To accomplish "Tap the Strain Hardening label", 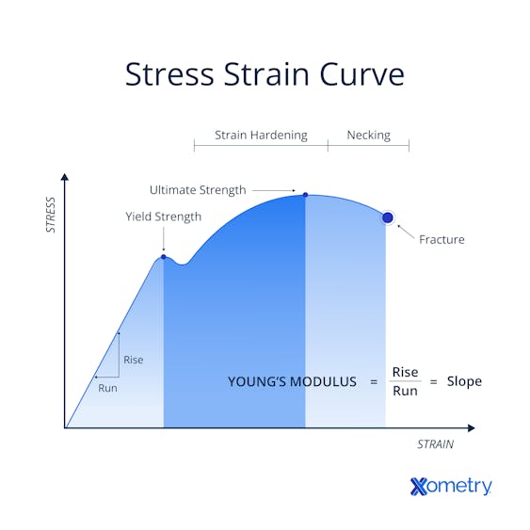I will (261, 135).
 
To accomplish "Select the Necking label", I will (368, 135).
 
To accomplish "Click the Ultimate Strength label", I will (198, 190).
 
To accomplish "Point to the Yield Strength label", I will (164, 217).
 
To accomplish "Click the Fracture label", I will (442, 239).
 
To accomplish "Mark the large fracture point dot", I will (387, 217).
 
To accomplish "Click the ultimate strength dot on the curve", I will (305, 195).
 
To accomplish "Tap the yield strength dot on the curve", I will (164, 256).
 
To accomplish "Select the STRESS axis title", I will (51, 215).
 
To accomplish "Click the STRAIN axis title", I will (435, 444).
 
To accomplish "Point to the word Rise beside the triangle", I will (133, 360).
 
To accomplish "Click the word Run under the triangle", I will (108, 387).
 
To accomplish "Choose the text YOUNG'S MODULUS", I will (292, 381).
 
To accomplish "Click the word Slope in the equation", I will (464, 381).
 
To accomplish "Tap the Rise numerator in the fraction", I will (405, 372).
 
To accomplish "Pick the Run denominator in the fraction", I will (405, 391).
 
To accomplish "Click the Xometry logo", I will (451, 486).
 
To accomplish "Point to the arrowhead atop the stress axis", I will (65, 176).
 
